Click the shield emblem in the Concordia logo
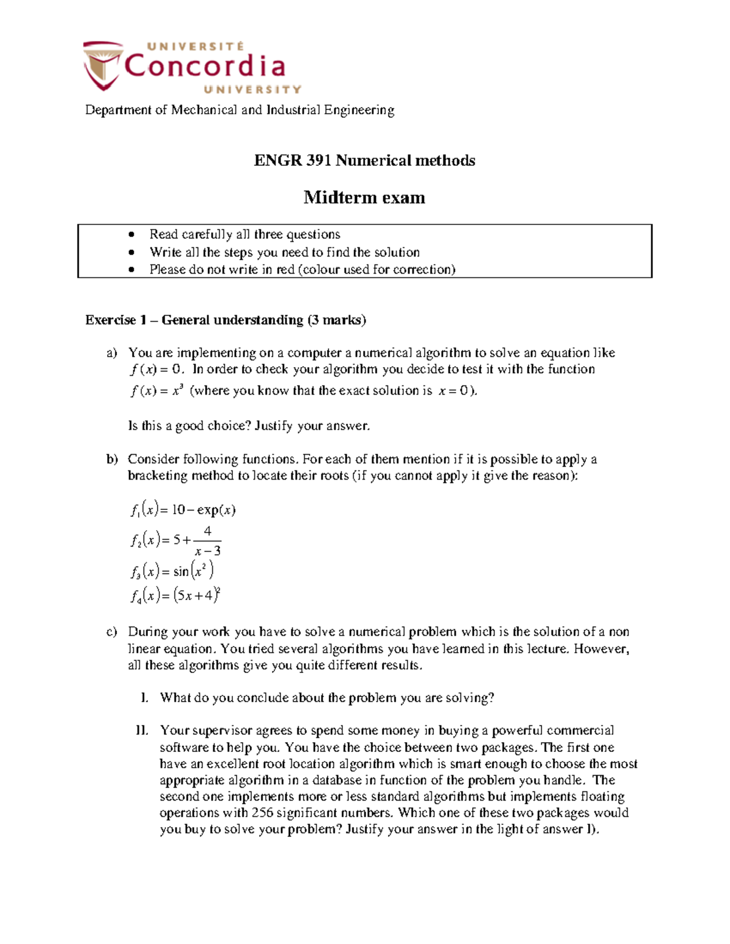[x=102, y=66]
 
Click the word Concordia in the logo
[x=204, y=66]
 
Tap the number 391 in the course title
[x=319, y=160]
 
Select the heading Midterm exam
[x=364, y=198]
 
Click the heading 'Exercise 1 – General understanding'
[x=225, y=320]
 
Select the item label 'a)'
[x=111, y=353]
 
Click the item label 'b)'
[x=112, y=460]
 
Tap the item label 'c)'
[x=111, y=632]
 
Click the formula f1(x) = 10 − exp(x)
[x=182, y=510]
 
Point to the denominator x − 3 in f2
[x=207, y=551]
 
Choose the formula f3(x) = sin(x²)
[x=172, y=571]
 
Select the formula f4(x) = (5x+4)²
[x=175, y=596]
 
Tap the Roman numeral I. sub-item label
[x=144, y=698]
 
